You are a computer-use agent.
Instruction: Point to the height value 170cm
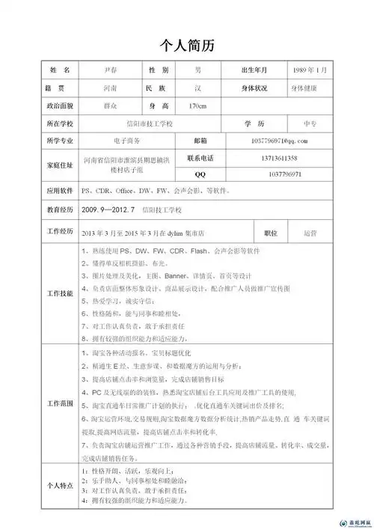197,106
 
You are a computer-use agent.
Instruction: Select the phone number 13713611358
284,159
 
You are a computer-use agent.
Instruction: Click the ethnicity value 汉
197,88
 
